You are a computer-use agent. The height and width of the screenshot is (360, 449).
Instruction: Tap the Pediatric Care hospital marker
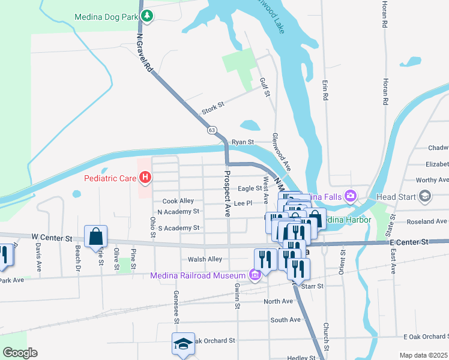(144, 178)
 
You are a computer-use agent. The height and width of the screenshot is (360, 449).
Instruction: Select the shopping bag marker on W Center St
(96, 236)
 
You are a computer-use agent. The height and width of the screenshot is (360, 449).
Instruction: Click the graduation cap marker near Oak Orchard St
(183, 344)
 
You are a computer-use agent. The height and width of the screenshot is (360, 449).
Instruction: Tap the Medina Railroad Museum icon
(255, 275)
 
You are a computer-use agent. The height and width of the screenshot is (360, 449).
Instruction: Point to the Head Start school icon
(425, 196)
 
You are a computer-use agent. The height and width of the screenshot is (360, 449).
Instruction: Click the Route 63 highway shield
(211, 130)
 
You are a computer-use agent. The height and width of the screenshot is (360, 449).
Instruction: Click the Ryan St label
(243, 142)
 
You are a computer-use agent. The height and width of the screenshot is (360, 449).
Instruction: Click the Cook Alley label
(178, 201)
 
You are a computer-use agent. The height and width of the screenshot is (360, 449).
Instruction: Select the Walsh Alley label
(205, 259)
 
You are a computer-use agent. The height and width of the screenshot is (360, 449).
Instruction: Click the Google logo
(20, 353)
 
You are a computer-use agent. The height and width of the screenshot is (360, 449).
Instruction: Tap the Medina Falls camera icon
(351, 196)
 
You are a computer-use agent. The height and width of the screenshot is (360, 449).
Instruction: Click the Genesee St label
(176, 307)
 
